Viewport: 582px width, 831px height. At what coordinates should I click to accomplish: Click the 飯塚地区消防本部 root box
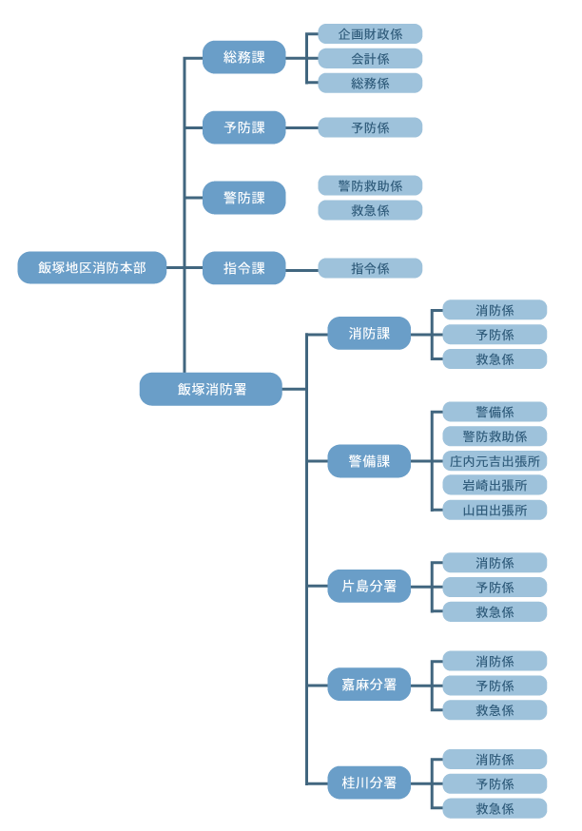pos(92,268)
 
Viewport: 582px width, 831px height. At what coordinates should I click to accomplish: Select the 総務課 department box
pos(244,57)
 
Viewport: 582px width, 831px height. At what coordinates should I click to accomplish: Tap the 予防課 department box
pos(244,127)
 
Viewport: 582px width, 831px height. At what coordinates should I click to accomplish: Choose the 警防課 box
pos(244,198)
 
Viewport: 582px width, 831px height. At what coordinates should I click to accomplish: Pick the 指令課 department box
pos(244,268)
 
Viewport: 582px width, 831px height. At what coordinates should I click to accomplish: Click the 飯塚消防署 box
pos(211,389)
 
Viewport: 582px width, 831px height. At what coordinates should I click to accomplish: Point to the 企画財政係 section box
pos(370,34)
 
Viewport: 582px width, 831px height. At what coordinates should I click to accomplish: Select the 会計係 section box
pos(370,59)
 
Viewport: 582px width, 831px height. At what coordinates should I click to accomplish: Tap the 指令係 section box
pos(370,269)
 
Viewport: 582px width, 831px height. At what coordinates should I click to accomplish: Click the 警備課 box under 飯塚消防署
pos(369,461)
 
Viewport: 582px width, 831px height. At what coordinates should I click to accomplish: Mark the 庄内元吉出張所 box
pos(495,461)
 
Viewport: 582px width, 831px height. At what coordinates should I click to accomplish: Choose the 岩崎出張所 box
pos(495,486)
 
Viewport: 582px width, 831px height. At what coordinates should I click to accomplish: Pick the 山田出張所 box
pos(495,511)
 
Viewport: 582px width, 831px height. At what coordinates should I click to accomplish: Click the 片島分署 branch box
pos(369,587)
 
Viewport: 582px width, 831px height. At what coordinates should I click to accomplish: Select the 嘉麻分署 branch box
pos(369,685)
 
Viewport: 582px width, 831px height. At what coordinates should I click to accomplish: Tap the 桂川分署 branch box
pos(369,783)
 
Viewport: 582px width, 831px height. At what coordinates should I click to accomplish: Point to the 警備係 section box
pos(495,412)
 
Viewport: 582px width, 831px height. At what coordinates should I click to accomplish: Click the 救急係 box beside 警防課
pos(370,210)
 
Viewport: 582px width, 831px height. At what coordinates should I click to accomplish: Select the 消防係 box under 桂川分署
pos(495,760)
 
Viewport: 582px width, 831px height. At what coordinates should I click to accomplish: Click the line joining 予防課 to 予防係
pos(301,127)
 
